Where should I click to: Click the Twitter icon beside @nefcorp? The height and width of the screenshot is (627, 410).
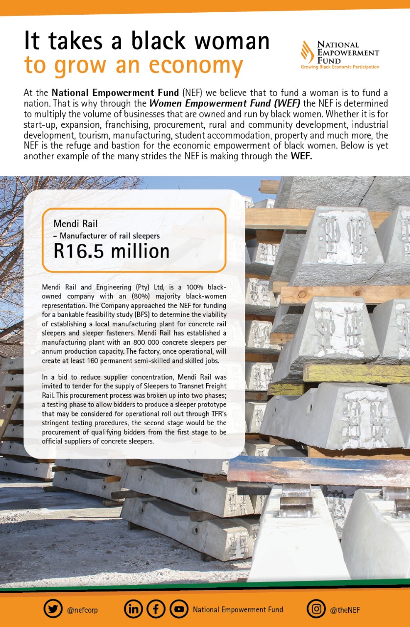pos(53,610)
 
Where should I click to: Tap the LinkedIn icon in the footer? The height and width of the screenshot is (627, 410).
pos(133,610)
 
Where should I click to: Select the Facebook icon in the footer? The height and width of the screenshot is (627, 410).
pos(156,610)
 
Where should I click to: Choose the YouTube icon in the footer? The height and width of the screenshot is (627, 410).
pos(179,610)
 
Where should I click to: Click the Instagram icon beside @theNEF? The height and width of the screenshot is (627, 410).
pos(316,610)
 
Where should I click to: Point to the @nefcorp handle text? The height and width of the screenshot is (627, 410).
pos(82,610)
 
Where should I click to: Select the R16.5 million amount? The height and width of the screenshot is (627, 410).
pos(111,251)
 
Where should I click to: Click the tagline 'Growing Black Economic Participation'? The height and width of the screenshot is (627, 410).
pos(339,67)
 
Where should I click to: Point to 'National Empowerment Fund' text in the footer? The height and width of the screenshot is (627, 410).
pos(238,610)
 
